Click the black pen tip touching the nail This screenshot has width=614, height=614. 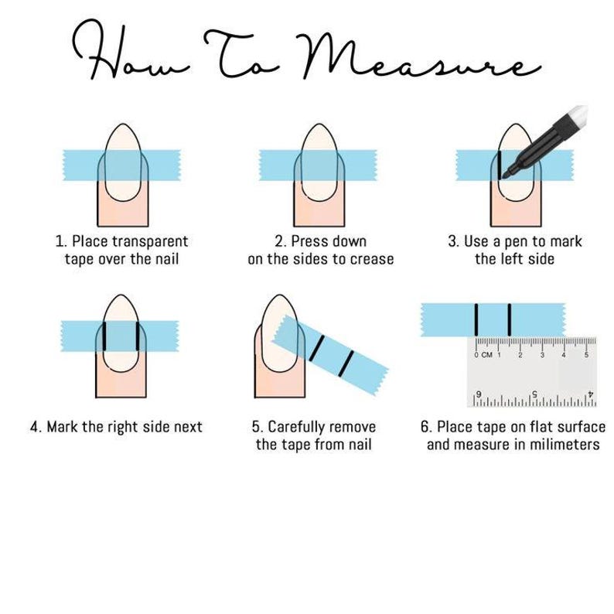pyautogui.click(x=505, y=176)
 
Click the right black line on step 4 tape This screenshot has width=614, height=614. pyautogui.click(x=137, y=336)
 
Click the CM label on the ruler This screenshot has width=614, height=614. pyautogui.click(x=486, y=355)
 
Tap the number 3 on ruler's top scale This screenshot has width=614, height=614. pyautogui.click(x=542, y=355)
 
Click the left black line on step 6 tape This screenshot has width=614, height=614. pyautogui.click(x=476, y=319)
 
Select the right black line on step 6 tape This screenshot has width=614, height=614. pyautogui.click(x=510, y=319)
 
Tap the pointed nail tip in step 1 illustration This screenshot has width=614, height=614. pyautogui.click(x=120, y=127)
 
